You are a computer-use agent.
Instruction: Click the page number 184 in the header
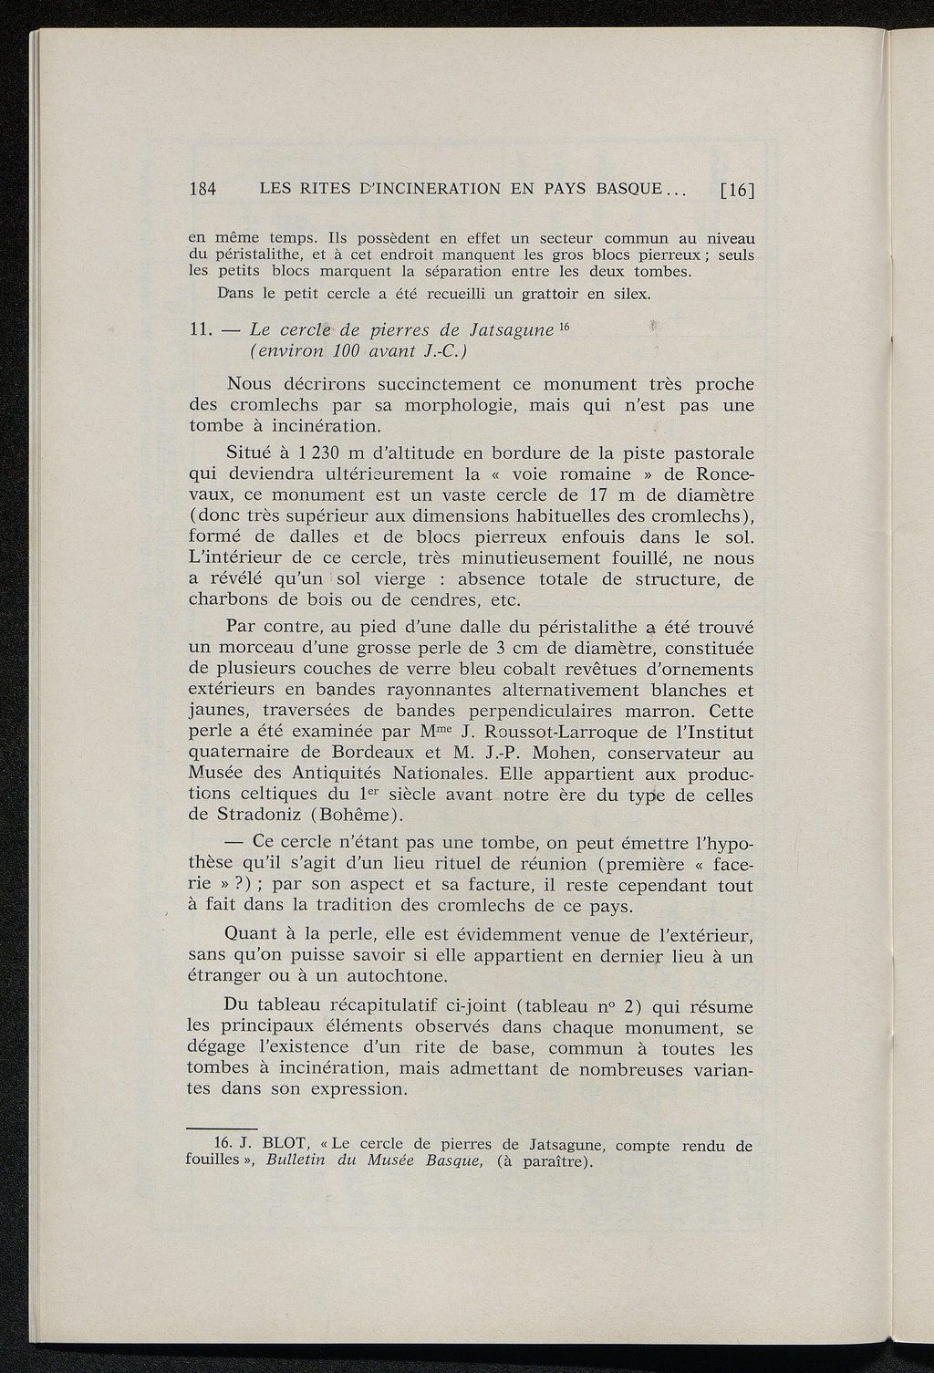pos(202,190)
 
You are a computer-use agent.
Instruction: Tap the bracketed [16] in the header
pos(738,191)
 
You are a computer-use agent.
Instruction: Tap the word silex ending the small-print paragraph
pos(628,294)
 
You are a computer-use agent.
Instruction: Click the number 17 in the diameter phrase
pos(604,495)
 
